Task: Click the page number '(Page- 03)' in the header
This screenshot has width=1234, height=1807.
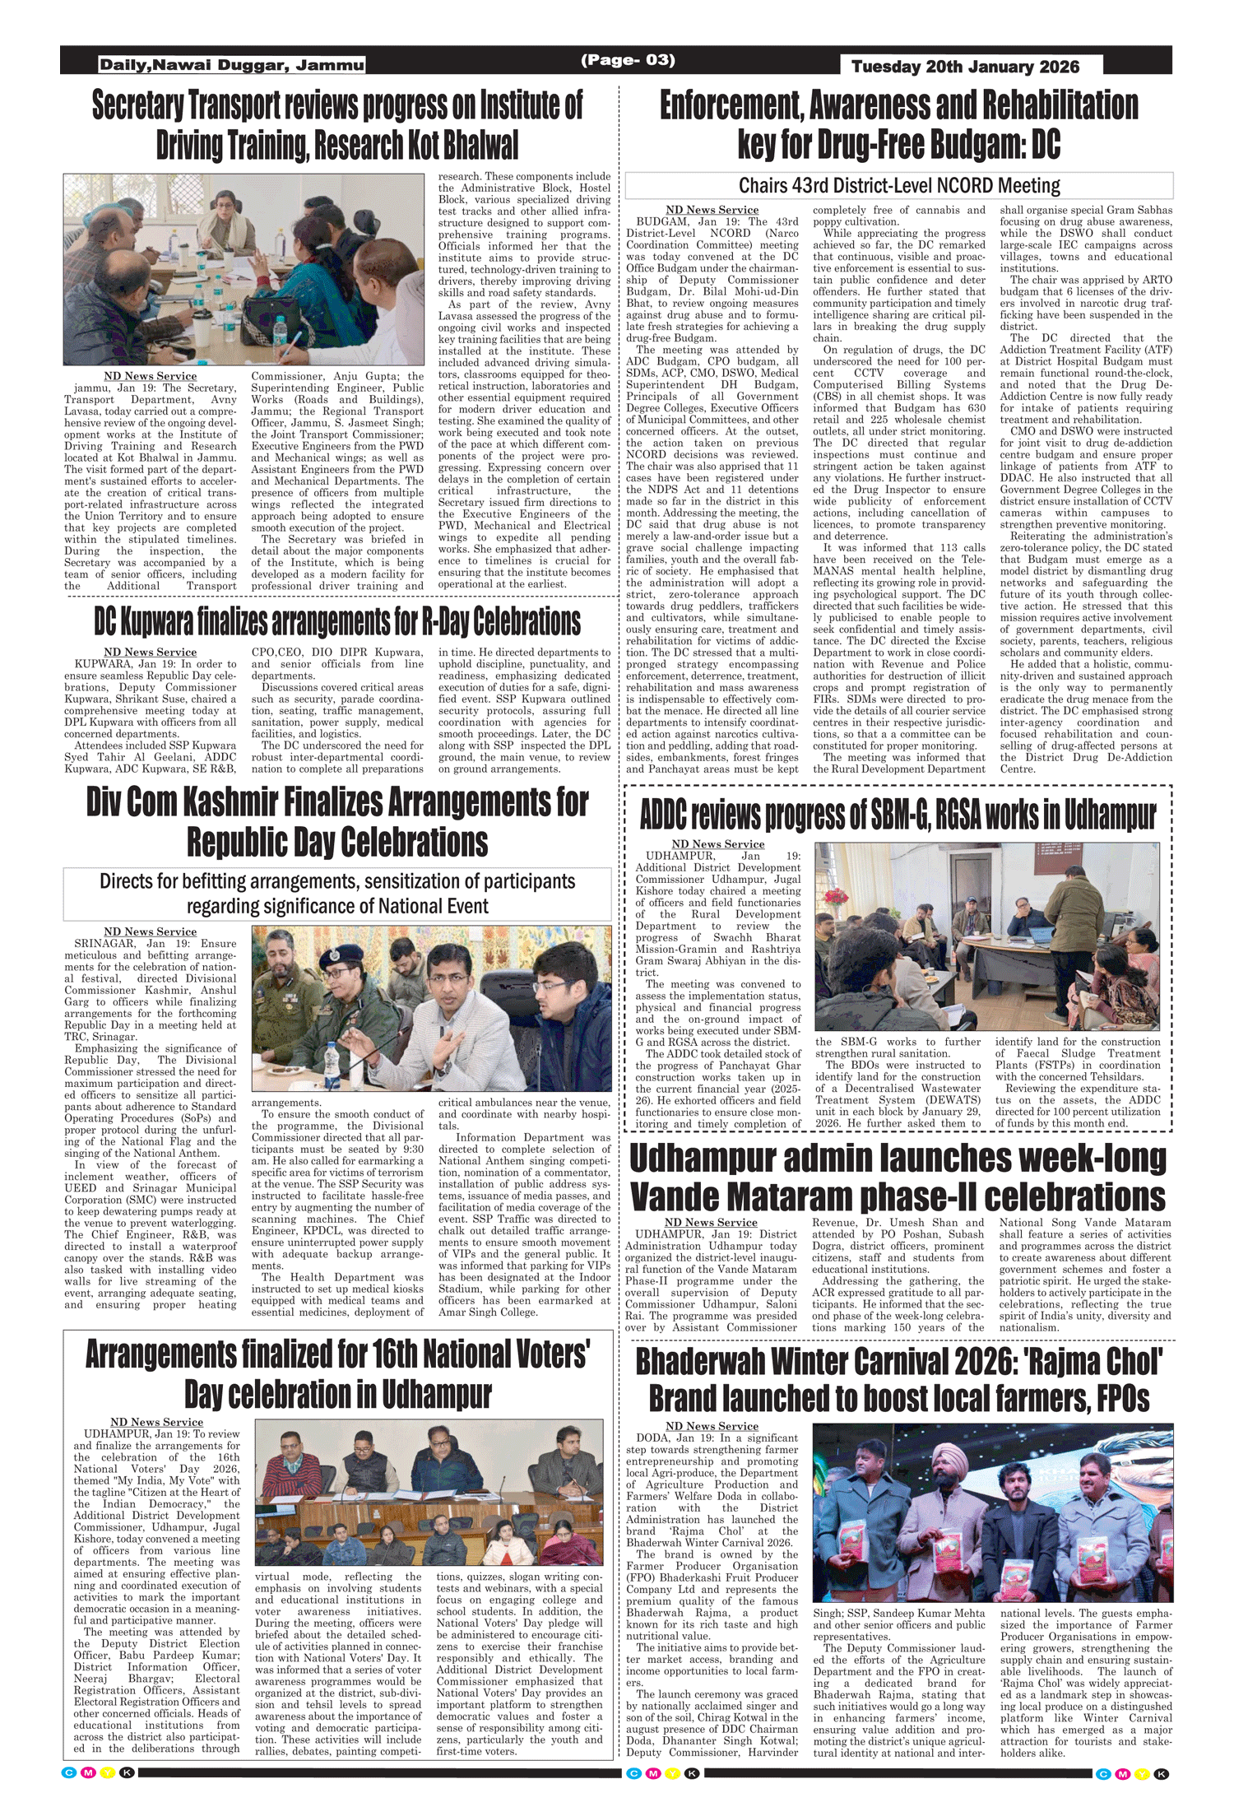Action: [628, 60]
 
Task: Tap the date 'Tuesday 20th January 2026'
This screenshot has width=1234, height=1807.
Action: [965, 67]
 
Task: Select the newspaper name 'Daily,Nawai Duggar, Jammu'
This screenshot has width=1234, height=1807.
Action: [231, 65]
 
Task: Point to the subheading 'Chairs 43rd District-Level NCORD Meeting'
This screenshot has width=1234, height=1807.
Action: [899, 185]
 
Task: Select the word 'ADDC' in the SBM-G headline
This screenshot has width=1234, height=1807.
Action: [664, 815]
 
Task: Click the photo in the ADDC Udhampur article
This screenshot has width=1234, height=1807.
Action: [986, 936]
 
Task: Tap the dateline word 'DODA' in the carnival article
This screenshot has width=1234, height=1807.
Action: [653, 1438]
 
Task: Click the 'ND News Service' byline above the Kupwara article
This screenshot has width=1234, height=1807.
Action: [150, 653]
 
